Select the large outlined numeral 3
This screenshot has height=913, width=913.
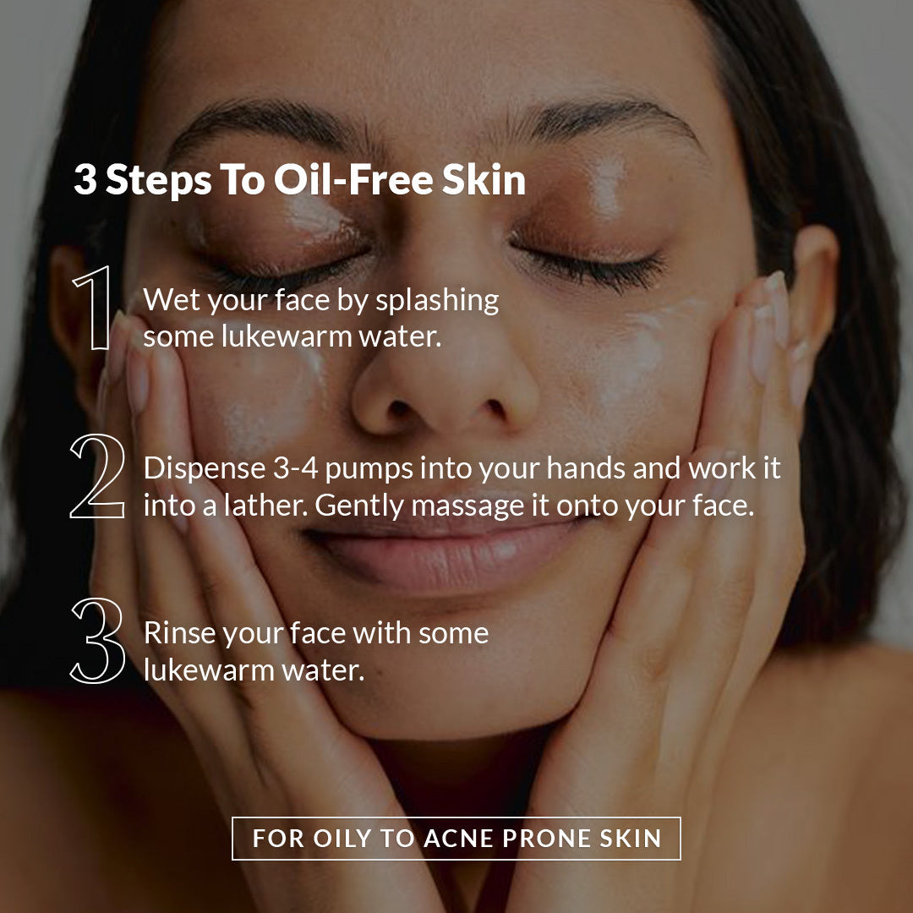(98, 641)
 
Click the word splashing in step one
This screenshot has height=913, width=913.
(437, 301)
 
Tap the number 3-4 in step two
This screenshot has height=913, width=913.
(296, 468)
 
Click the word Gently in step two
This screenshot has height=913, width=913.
(359, 506)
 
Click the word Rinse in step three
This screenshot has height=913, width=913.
(180, 633)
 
